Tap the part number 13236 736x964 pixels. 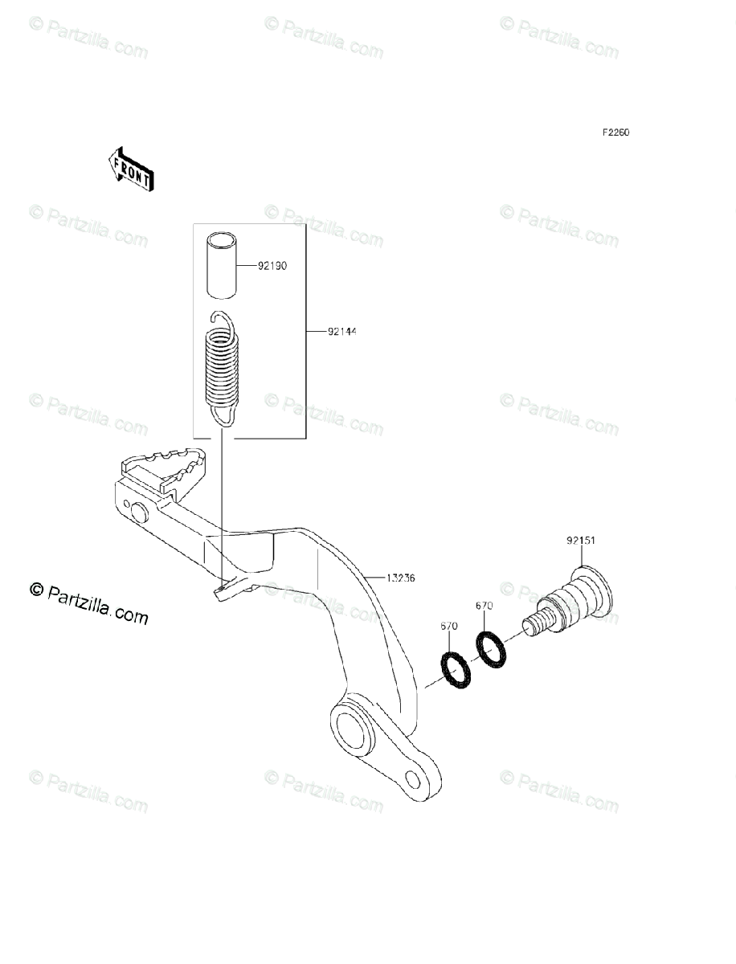401,578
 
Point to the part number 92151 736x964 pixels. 579,541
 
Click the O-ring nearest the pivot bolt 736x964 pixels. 491,648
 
